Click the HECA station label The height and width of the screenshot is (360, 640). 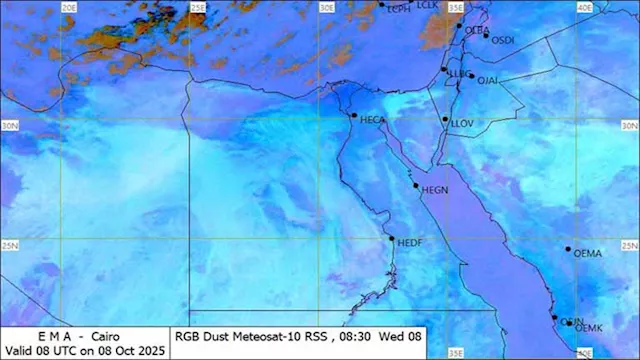pyautogui.click(x=373, y=120)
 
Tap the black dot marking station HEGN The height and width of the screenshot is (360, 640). pyautogui.click(x=416, y=185)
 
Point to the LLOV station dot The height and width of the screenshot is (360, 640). pyautogui.click(x=445, y=120)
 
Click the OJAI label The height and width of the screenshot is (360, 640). pyautogui.click(x=487, y=80)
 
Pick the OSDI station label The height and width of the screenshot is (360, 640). pyautogui.click(x=503, y=40)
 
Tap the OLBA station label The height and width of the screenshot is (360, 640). pyautogui.click(x=477, y=31)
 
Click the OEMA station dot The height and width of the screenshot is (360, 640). pyautogui.click(x=567, y=249)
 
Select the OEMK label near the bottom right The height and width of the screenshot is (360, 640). pyautogui.click(x=589, y=328)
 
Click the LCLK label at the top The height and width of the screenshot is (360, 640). pyautogui.click(x=427, y=5)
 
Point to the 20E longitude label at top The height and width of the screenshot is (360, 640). pyautogui.click(x=69, y=7)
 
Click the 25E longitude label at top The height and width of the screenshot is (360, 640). pyautogui.click(x=198, y=7)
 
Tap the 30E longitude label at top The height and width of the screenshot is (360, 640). pyautogui.click(x=326, y=7)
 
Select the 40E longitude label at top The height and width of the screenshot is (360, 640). pyautogui.click(x=583, y=7)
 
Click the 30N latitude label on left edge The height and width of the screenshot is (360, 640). pyautogui.click(x=11, y=125)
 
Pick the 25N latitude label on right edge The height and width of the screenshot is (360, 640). pyautogui.click(x=629, y=245)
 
